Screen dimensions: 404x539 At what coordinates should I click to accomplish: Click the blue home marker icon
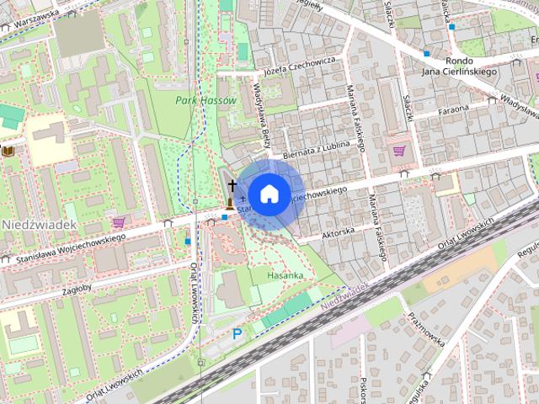[268, 194]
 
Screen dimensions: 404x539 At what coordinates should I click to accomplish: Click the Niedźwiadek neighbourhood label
[40, 226]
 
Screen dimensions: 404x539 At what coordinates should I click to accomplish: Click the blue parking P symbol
[237, 334]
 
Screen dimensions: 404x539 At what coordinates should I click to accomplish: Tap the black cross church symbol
[232, 183]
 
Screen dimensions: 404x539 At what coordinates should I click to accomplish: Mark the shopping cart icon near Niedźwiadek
[119, 222]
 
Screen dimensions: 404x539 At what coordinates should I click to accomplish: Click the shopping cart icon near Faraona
[399, 151]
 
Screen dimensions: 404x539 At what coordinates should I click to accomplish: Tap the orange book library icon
[8, 150]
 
